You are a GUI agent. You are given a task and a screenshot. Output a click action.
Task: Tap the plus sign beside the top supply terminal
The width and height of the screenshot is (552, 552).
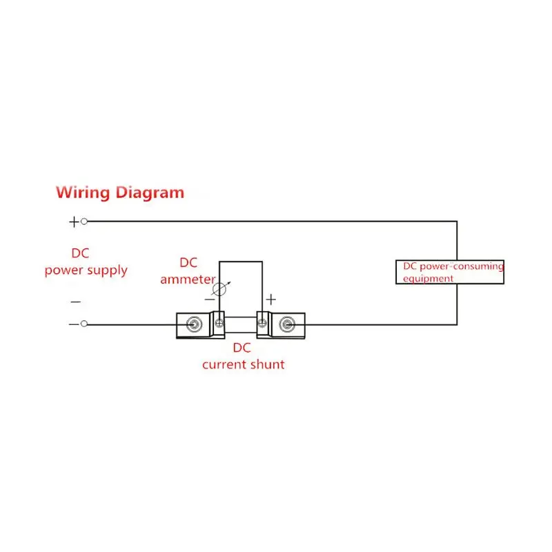point(74,221)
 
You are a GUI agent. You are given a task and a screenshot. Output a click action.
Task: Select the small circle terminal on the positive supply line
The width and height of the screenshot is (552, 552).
point(84,221)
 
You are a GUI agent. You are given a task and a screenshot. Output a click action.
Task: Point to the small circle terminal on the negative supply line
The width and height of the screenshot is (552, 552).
point(84,324)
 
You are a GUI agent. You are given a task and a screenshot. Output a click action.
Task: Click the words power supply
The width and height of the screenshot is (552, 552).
point(86,270)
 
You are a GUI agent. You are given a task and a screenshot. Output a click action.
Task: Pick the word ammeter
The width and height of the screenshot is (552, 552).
point(188,279)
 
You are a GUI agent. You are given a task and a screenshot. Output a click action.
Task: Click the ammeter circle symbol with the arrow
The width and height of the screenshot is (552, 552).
point(220,289)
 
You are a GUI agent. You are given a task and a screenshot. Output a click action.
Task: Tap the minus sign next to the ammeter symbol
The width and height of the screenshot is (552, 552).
point(209,300)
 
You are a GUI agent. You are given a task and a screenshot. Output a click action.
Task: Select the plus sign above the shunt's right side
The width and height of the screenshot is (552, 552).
point(271,299)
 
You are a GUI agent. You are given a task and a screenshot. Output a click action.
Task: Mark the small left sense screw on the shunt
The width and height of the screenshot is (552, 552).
point(219,322)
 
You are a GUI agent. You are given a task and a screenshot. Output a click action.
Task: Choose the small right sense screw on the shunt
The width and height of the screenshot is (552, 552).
point(262,322)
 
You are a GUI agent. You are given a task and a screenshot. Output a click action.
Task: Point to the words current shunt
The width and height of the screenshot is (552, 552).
point(243,364)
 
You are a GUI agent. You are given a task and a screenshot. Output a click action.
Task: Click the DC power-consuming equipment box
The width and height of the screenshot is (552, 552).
point(450,272)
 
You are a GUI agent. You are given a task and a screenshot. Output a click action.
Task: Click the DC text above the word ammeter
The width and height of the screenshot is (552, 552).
point(188,263)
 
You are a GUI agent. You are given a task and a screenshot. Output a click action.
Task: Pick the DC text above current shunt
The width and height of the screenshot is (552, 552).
point(241,348)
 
